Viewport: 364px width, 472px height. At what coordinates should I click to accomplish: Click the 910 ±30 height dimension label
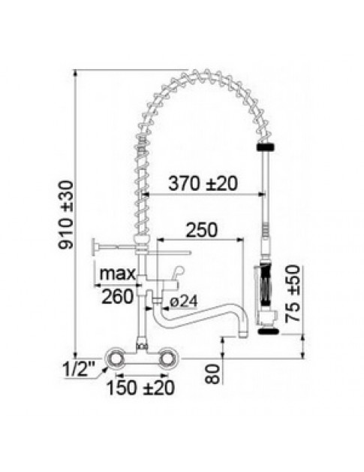(65, 215)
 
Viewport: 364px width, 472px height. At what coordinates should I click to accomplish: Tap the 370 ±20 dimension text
(203, 183)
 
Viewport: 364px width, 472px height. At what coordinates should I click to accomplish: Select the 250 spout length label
(201, 230)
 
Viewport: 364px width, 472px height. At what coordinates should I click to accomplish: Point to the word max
(118, 274)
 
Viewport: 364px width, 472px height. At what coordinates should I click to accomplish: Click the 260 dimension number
(117, 297)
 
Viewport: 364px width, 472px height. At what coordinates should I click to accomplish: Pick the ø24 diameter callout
(183, 301)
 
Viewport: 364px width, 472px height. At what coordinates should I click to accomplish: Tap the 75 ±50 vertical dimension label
(293, 293)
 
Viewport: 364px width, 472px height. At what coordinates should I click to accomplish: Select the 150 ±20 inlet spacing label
(140, 388)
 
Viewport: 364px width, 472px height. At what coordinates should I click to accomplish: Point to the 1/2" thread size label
(79, 369)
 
